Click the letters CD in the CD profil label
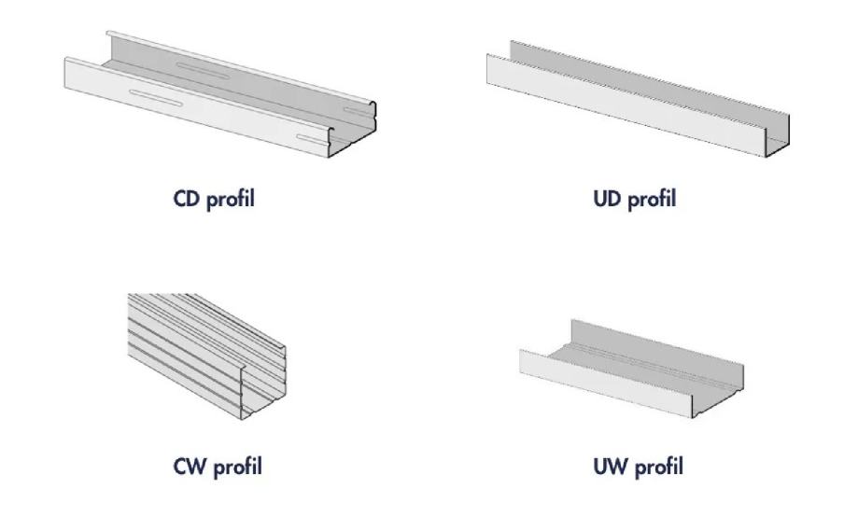point(187,199)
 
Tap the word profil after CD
point(231,199)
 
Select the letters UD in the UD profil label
point(608,199)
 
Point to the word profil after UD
point(652,199)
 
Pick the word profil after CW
point(237,468)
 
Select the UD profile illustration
point(638,99)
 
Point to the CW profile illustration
point(207,356)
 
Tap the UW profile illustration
point(631,369)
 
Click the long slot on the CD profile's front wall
point(156,98)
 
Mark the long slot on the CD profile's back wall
point(203,71)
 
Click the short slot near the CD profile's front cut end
point(312,141)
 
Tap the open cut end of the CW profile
point(263,383)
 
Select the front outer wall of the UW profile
point(606,383)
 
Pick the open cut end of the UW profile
point(718,392)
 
